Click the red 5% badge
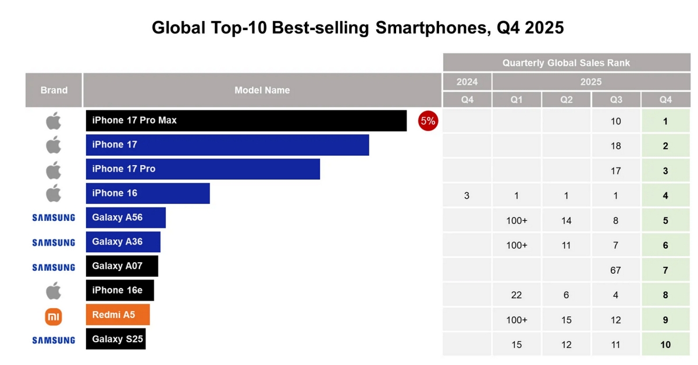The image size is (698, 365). click(x=428, y=121)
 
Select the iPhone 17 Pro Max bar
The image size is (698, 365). click(x=246, y=120)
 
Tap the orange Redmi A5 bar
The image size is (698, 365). click(x=117, y=314)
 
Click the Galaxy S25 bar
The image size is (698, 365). click(x=116, y=339)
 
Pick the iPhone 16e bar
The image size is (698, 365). click(x=120, y=290)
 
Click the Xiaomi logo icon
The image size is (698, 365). click(x=54, y=316)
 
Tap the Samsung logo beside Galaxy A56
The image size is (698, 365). click(x=54, y=217)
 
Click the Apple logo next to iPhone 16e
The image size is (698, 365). click(x=54, y=290)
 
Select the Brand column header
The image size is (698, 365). click(x=54, y=90)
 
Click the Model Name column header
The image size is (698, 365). click(x=262, y=90)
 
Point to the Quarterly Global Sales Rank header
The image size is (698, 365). click(x=566, y=63)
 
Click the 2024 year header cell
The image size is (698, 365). click(x=467, y=81)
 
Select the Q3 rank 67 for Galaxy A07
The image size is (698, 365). click(x=615, y=270)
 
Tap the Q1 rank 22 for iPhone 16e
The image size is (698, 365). click(x=517, y=295)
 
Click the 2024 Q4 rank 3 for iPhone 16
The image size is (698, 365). click(x=467, y=196)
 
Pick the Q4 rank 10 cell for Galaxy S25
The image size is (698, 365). click(x=665, y=345)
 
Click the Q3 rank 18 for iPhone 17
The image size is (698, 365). click(x=615, y=146)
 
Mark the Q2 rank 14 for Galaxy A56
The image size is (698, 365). click(x=566, y=221)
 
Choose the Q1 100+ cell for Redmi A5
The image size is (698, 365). click(x=517, y=320)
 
